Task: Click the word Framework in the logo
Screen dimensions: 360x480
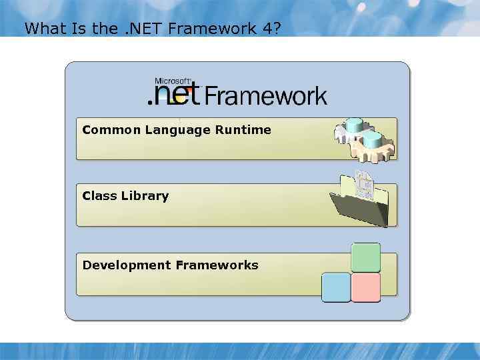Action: tap(265, 96)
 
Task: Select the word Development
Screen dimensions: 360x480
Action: tap(127, 265)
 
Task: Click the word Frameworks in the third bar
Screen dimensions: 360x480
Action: tap(217, 265)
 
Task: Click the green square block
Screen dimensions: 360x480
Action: tap(365, 257)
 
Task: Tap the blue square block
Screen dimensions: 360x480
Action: tap(336, 287)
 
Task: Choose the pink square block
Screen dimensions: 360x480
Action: tap(365, 287)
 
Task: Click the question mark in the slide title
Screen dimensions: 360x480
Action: tap(276, 29)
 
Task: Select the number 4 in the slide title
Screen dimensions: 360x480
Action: tap(264, 29)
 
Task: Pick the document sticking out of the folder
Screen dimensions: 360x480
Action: tap(364, 183)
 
